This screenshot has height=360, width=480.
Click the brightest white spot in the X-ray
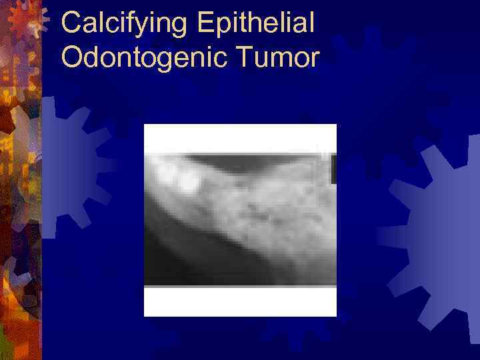pos(188,180)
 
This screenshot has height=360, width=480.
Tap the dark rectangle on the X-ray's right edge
pos(333,170)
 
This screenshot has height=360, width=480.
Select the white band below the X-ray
pos(240,301)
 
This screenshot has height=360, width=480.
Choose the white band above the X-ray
pos(240,139)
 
